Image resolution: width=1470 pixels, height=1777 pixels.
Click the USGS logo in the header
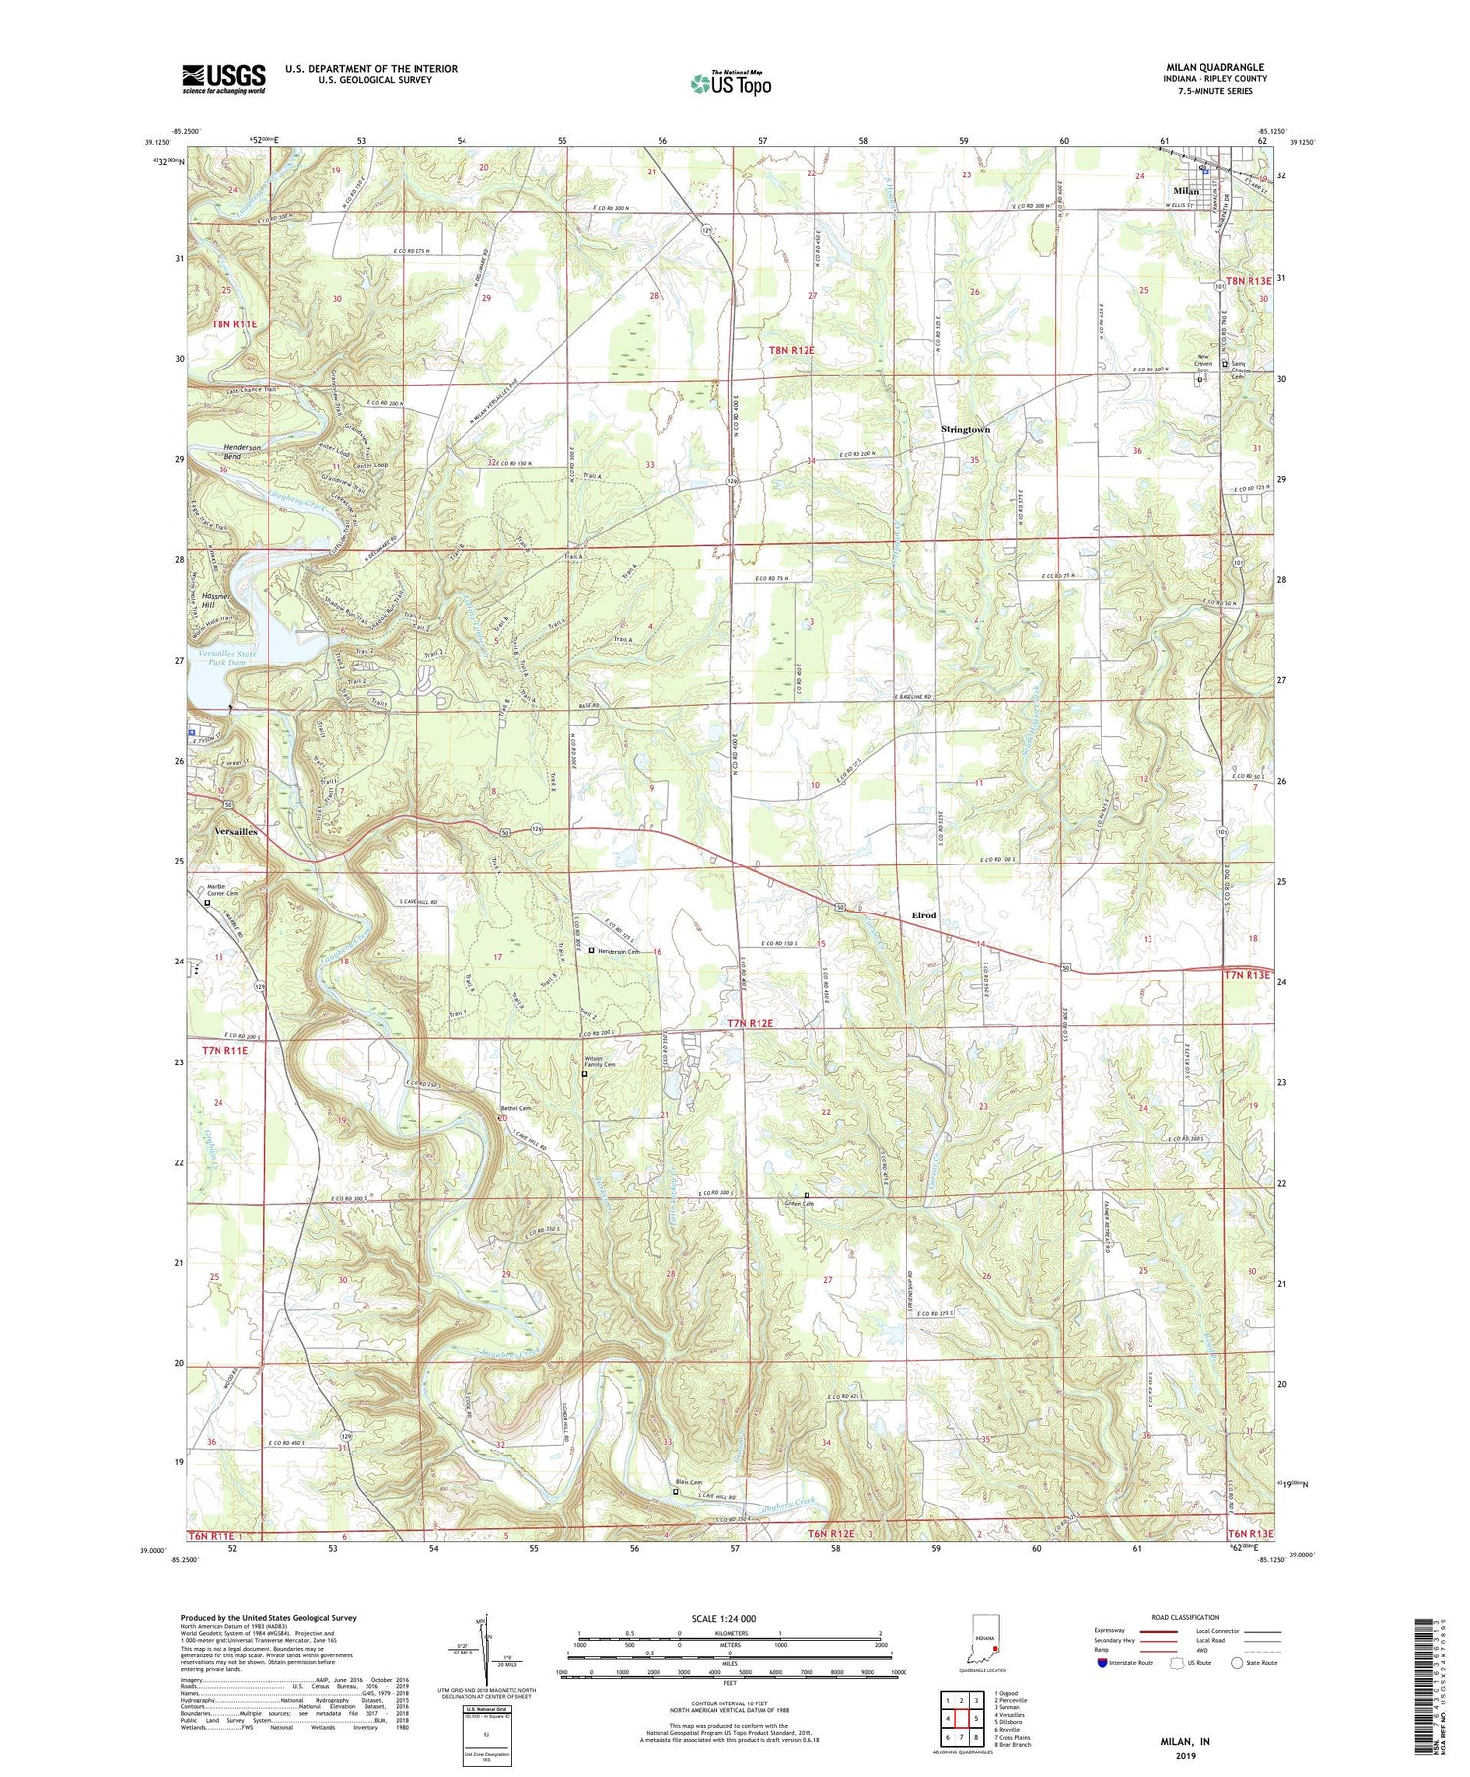[223, 78]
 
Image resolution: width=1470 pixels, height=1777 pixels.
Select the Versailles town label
[235, 831]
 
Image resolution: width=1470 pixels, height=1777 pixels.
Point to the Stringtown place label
[965, 429]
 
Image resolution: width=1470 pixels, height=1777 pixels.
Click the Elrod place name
[923, 915]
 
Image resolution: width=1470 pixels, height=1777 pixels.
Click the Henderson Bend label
[243, 452]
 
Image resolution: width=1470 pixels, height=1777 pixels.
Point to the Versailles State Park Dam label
[228, 658]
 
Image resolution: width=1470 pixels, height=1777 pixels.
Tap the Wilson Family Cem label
[600, 1061]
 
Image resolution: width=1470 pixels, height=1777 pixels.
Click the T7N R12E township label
[751, 1023]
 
